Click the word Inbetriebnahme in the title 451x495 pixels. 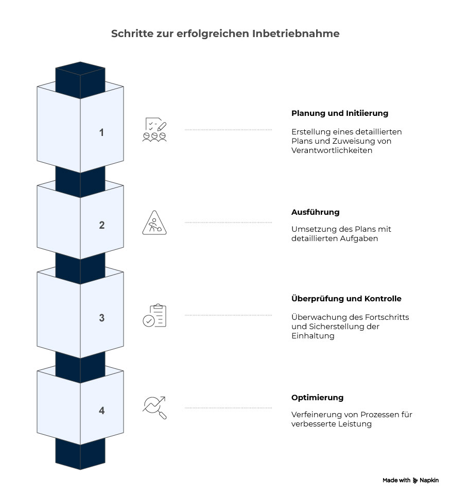[296, 33]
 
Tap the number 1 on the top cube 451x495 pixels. [101, 132]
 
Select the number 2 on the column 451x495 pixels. [101, 225]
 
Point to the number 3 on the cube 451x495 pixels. [101, 318]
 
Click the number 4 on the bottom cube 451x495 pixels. [101, 411]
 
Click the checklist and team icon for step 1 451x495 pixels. [154, 129]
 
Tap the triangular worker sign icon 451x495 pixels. [154, 223]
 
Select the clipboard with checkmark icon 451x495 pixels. [154, 315]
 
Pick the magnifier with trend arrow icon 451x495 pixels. [154, 408]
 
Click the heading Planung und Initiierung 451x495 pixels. [340, 113]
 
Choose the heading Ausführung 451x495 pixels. [315, 212]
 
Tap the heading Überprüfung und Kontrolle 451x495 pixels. [346, 299]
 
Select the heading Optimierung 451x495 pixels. [317, 398]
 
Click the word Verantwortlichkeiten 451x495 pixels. [332, 150]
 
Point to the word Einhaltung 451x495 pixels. [313, 336]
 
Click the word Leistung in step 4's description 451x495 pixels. [355, 424]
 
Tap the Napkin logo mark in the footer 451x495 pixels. [415, 481]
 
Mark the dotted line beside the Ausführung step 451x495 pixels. [228, 223]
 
